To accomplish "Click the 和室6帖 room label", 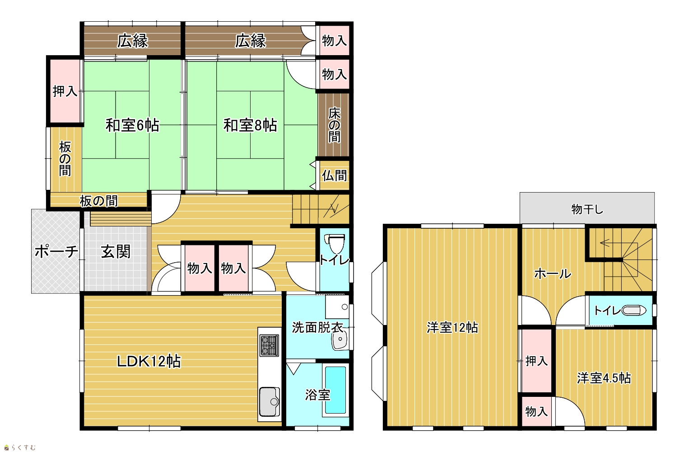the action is (132, 125).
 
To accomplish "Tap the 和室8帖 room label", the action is (250, 125).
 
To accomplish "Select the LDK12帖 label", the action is (149, 361).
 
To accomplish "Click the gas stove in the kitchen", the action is (269, 345).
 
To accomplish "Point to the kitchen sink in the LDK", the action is (270, 401).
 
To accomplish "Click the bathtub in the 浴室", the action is (335, 390).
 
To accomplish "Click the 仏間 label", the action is (335, 175).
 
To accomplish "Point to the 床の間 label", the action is (335, 125).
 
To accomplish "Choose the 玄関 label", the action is (116, 252).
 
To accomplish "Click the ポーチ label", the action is (56, 251).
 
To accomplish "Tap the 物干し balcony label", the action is (587, 209).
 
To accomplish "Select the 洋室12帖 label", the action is (452, 327).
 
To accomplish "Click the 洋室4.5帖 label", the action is (604, 378).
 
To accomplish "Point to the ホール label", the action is (553, 273).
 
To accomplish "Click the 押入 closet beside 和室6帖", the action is (65, 91).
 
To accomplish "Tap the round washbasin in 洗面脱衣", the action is (340, 339).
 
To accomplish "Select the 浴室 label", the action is (318, 395).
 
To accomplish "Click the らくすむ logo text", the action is (23, 447).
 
